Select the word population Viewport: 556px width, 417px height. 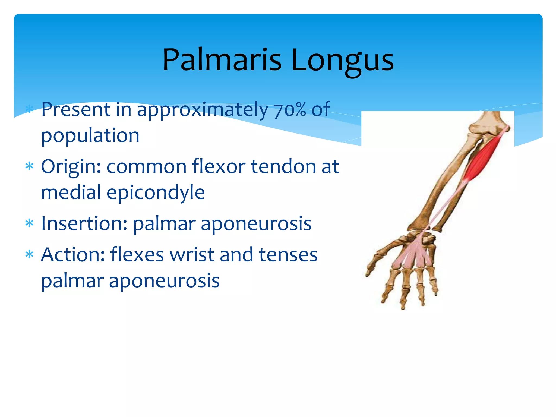coord(90,135)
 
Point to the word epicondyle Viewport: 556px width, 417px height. coord(156,192)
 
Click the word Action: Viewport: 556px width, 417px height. coord(73,255)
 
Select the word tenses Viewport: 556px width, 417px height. coord(288,255)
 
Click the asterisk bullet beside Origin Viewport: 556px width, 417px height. coord(29,166)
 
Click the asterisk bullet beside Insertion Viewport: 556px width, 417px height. coord(29,224)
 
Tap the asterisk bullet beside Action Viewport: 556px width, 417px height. coord(29,255)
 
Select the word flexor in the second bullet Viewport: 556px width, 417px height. coord(219,166)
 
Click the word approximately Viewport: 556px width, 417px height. coord(202,110)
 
